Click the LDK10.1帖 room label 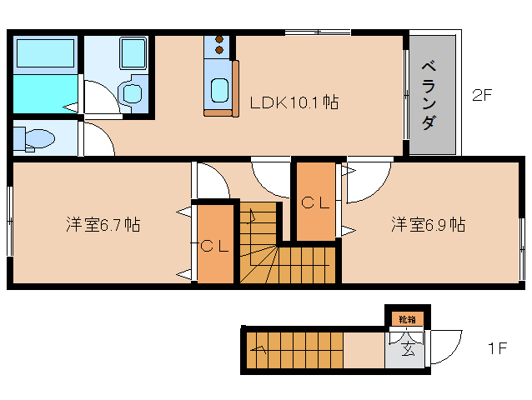pos(294,103)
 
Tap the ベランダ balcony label pos(429,94)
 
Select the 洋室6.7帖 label pos(103,224)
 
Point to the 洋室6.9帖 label pos(429,224)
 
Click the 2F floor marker pos(483,95)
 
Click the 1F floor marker pos(497,348)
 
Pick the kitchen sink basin pos(218,89)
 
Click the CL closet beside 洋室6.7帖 pos(215,245)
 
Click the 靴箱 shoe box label pos(405,319)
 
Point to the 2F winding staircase pos(284,250)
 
